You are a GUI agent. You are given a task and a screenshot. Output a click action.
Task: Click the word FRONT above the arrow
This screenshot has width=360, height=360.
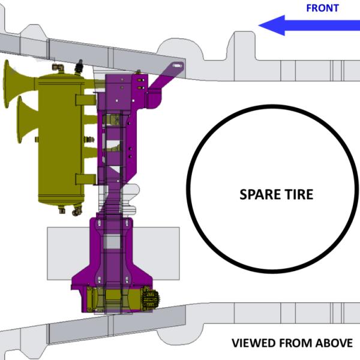click(x=322, y=8)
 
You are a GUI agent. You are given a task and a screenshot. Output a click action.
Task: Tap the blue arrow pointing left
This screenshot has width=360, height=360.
click(x=309, y=25)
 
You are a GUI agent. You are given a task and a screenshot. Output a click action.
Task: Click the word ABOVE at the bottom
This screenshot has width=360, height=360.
click(x=334, y=343)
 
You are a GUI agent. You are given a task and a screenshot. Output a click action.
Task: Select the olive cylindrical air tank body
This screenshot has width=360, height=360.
click(x=61, y=139)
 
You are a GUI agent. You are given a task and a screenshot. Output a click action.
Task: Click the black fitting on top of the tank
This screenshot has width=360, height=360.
click(x=79, y=67)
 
